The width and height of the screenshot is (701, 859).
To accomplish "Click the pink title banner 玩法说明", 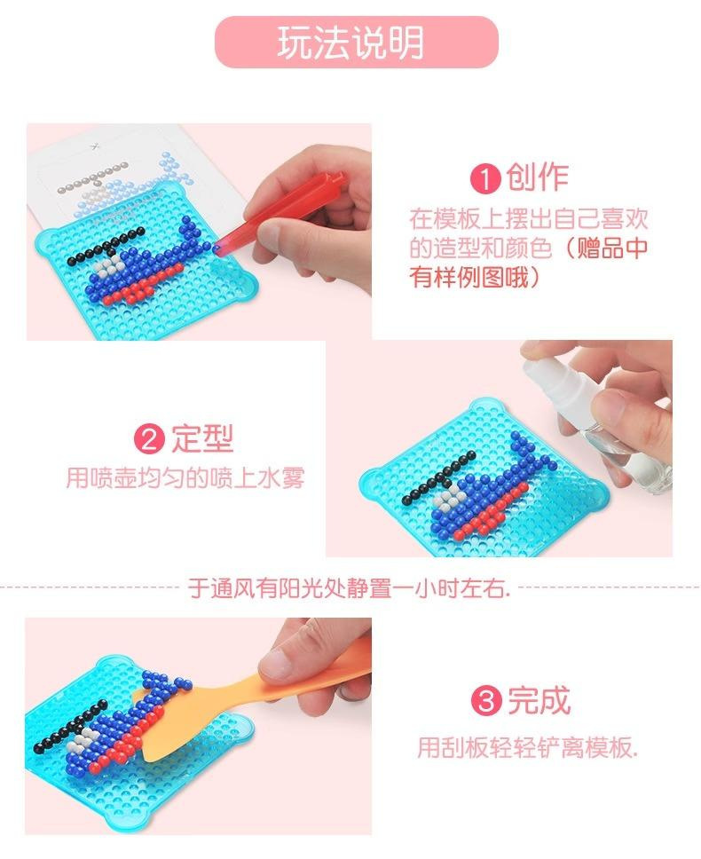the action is [x=356, y=43].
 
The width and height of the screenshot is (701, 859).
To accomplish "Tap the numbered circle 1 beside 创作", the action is [x=485, y=178].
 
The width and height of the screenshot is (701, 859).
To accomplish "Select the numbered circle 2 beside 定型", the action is [x=149, y=438].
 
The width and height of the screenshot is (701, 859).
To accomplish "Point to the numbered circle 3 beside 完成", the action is [x=486, y=701].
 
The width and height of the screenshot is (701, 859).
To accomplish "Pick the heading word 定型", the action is [x=202, y=437].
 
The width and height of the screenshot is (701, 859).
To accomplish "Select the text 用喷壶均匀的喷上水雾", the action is [x=185, y=477].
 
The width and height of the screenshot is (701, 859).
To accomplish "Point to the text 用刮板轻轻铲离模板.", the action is [x=528, y=746].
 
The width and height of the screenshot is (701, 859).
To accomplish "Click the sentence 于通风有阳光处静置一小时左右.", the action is [x=350, y=588].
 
